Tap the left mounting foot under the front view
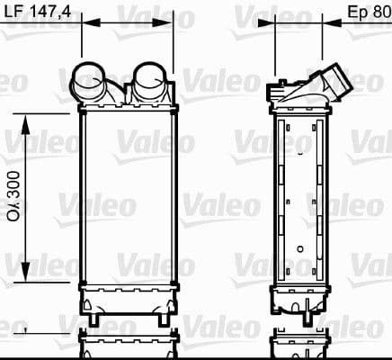coord(92,317)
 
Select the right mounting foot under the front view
coord(161,317)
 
